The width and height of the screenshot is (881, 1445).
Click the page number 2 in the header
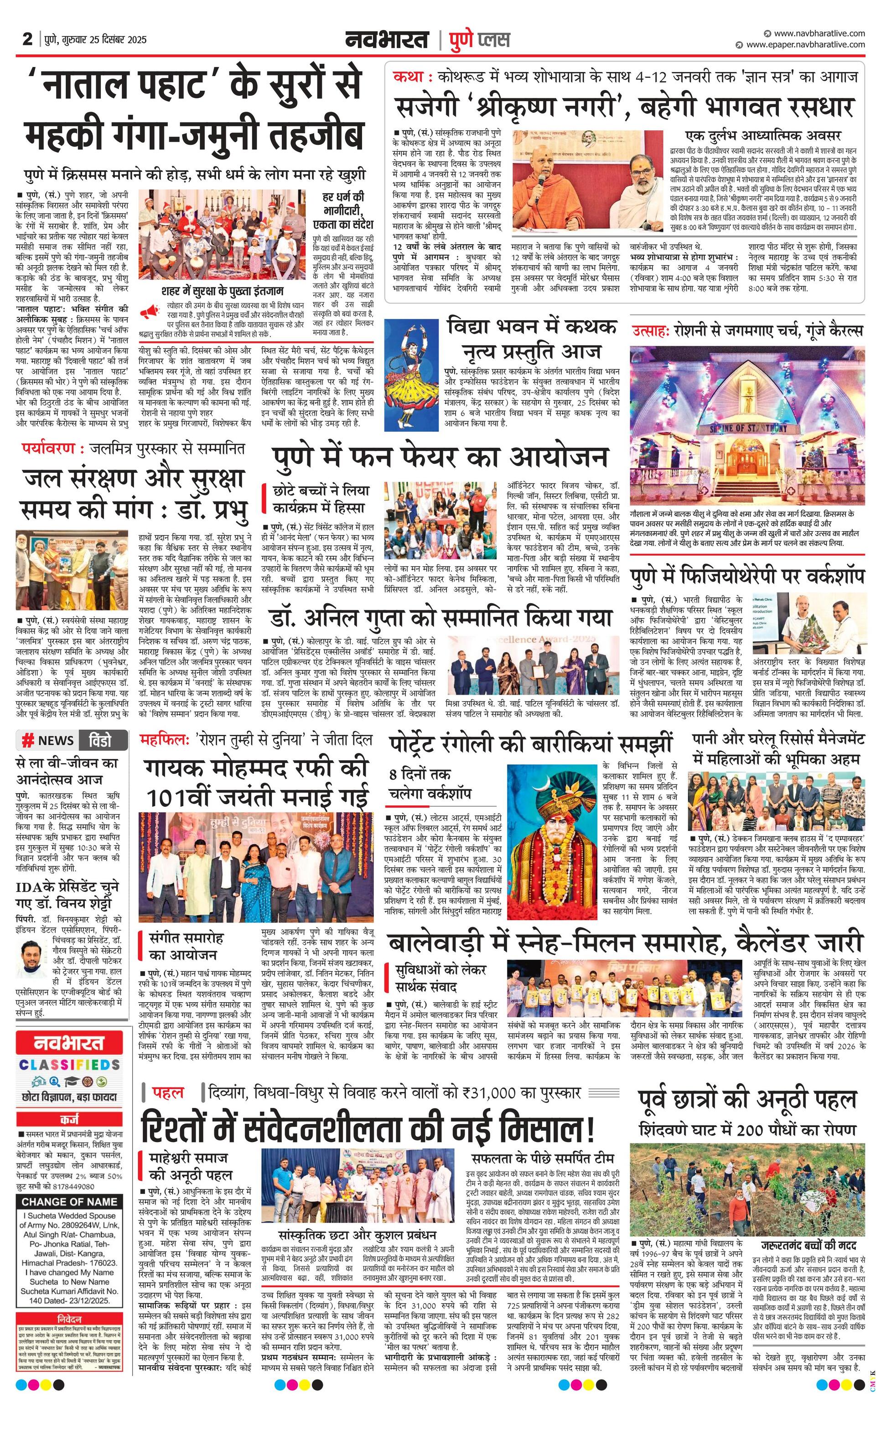tap(26, 39)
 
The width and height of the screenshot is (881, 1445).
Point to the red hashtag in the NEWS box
tap(27, 740)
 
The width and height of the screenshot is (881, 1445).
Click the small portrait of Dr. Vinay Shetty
tap(33, 958)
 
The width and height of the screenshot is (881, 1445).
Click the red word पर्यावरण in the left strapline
tap(49, 449)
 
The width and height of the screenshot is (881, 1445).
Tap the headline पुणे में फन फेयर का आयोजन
tap(440, 458)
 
